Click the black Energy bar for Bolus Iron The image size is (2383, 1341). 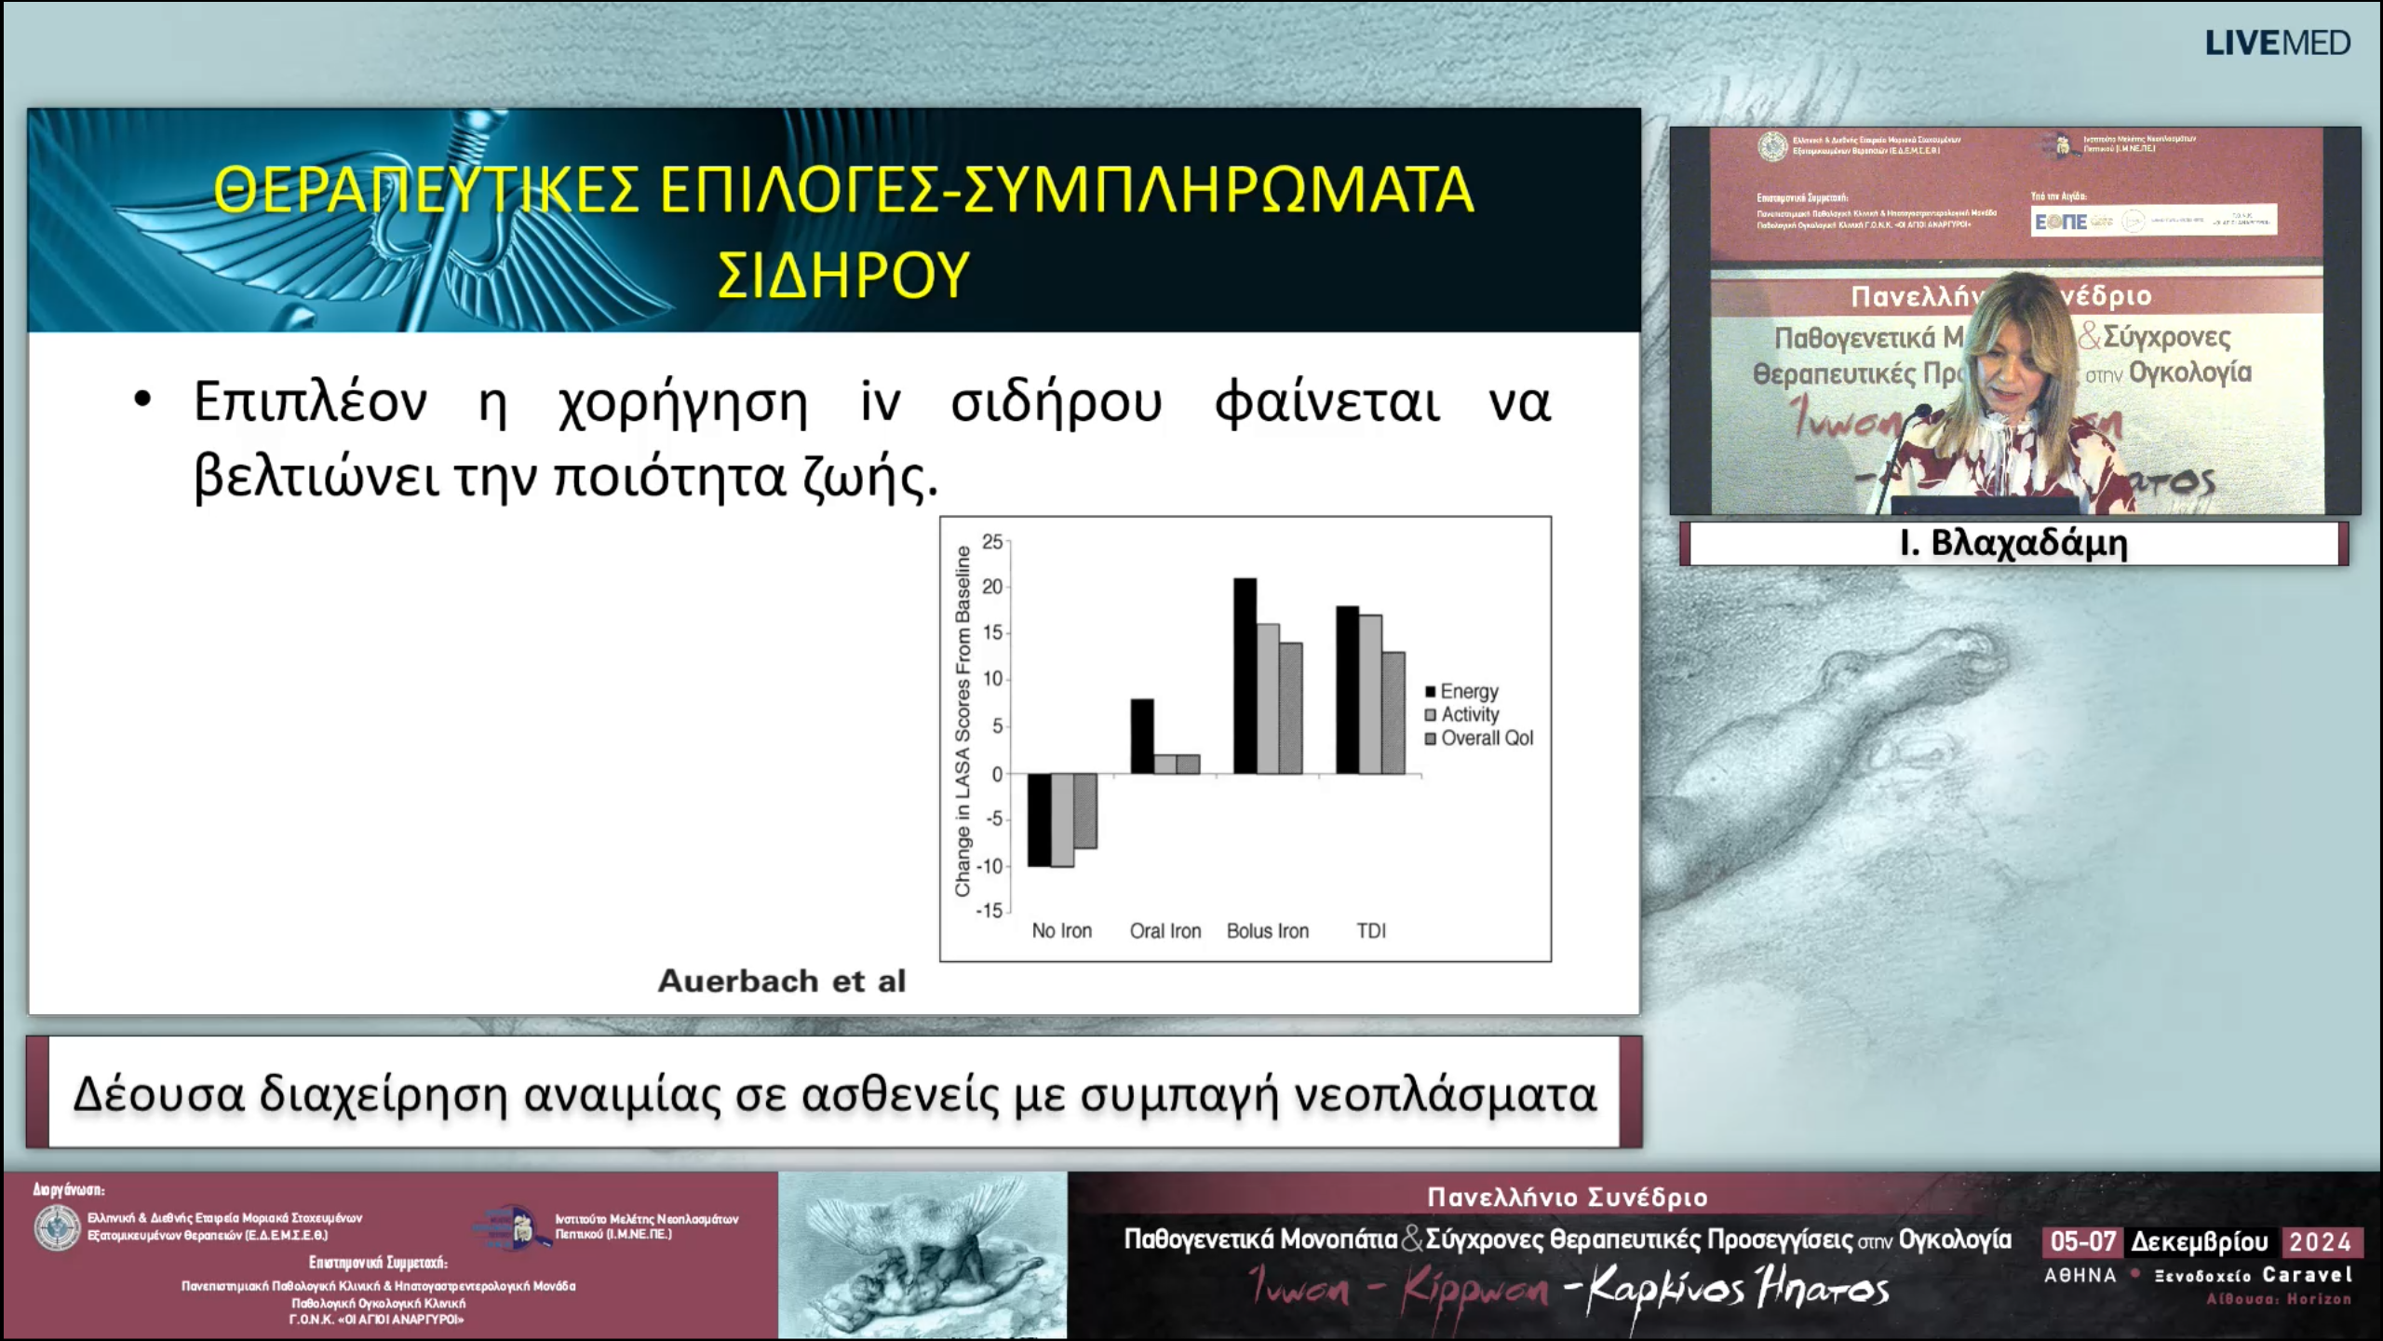tap(1245, 675)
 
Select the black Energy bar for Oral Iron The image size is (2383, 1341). tap(1142, 736)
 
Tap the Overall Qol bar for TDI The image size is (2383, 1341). tap(1393, 712)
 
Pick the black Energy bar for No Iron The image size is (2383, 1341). tap(1039, 819)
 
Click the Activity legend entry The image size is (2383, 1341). tap(1469, 714)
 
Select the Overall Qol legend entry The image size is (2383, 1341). tap(1486, 738)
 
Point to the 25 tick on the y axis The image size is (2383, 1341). tap(992, 542)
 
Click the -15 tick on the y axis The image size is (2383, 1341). tap(989, 911)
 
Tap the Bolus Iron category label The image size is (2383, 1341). tap(1267, 930)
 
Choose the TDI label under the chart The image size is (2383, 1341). tap(1370, 930)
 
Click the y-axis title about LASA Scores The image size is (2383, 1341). tap(963, 722)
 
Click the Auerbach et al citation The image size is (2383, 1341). tap(781, 981)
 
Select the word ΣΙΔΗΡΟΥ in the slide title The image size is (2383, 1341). tap(842, 276)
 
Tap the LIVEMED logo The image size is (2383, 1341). tap(2277, 43)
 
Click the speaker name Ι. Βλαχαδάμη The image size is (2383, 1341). tap(2013, 543)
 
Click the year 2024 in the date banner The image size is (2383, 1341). tap(2320, 1242)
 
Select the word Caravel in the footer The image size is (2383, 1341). tap(2308, 1275)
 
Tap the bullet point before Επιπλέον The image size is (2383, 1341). tap(142, 400)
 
